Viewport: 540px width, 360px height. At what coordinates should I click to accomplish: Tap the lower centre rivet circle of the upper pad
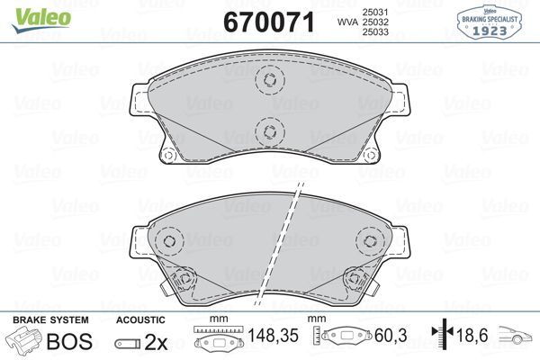[268, 132]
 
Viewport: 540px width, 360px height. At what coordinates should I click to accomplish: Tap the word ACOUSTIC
[139, 320]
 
